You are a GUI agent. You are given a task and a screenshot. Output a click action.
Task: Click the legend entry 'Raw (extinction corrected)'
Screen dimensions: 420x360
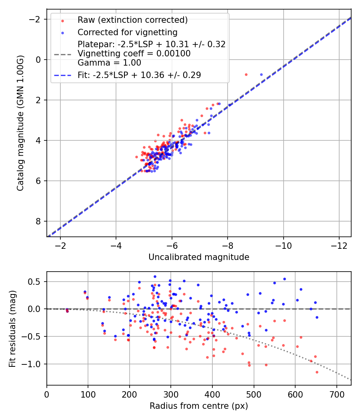[132, 20]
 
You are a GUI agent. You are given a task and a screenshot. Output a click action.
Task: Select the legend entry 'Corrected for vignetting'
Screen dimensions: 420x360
[128, 32]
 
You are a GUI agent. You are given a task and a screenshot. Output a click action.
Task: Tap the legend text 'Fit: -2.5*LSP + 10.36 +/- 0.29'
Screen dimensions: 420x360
[139, 75]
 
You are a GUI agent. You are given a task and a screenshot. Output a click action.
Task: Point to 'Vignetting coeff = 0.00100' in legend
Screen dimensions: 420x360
[134, 53]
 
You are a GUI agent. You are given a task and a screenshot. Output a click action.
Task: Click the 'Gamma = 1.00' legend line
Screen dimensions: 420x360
[109, 62]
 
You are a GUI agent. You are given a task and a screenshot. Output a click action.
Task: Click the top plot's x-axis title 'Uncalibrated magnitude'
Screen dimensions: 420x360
[199, 257]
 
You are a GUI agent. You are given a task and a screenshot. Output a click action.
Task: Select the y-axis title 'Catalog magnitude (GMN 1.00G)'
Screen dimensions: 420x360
[21, 123]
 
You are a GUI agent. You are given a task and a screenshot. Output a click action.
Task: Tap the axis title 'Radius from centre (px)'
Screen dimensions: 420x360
[199, 406]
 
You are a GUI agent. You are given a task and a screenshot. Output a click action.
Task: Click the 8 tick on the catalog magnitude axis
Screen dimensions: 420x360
[39, 221]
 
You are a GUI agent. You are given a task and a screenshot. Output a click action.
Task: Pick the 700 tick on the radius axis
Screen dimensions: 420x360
[336, 394]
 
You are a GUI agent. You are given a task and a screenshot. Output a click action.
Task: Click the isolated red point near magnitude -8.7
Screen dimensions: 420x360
[246, 74]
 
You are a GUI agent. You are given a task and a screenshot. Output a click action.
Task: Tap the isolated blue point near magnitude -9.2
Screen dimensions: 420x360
[261, 74]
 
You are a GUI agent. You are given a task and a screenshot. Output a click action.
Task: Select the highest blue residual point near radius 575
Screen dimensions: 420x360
[284, 279]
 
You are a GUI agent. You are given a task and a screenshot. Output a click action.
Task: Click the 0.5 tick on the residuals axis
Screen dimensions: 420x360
[37, 282]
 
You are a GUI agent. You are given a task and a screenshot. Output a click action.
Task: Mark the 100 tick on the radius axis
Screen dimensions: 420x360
[88, 394]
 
